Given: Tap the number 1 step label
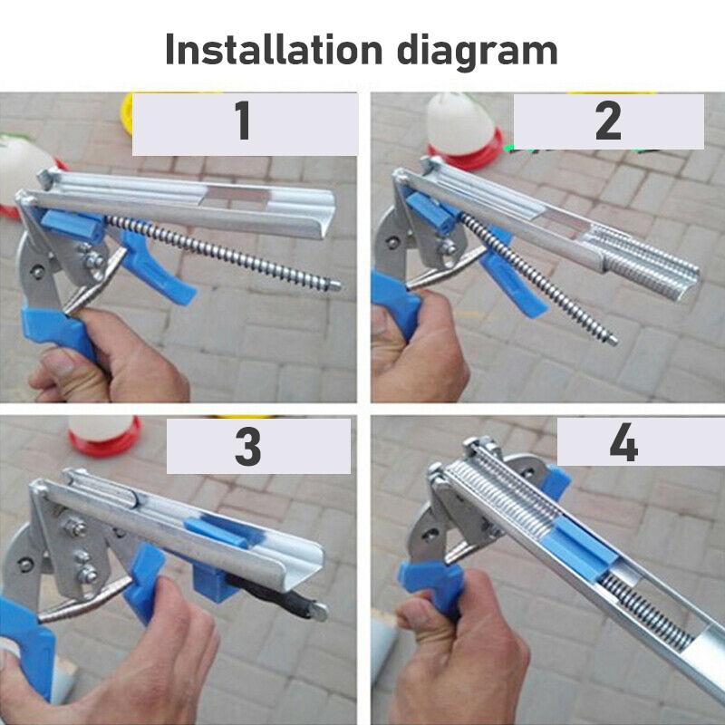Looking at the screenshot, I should [x=243, y=122].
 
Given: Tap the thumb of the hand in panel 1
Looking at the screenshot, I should [x=59, y=367].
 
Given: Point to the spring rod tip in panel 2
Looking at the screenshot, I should [x=613, y=341].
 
